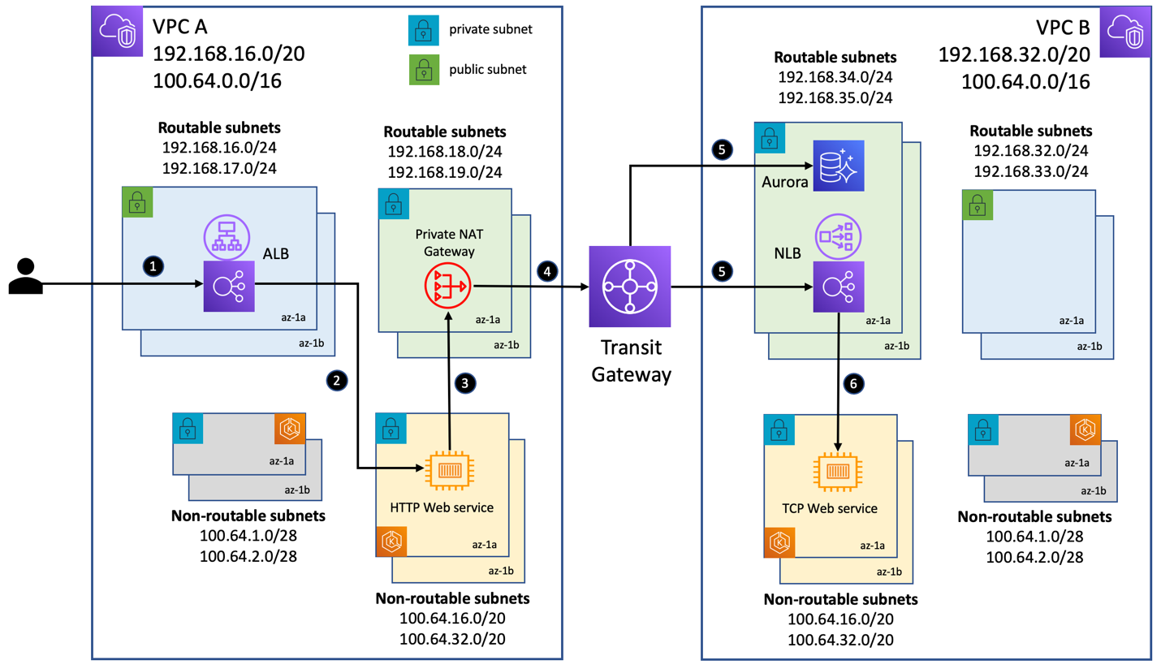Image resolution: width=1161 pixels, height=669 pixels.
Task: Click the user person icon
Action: click(x=26, y=276)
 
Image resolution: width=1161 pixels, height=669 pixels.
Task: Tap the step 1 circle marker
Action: click(x=151, y=265)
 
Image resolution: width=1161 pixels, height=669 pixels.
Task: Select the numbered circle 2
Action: click(x=334, y=379)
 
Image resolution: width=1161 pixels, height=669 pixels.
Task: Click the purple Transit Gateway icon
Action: click(x=630, y=287)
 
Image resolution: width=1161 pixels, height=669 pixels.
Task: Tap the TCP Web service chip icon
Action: click(x=837, y=469)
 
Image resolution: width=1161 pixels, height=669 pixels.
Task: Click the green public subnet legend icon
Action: click(x=421, y=70)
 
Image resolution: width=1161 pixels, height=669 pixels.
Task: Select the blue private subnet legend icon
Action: click(x=421, y=31)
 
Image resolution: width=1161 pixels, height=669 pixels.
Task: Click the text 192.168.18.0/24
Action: click(x=444, y=152)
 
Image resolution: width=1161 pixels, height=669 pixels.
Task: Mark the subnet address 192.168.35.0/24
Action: click(x=835, y=97)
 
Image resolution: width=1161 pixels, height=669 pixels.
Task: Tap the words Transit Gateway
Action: click(x=631, y=360)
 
